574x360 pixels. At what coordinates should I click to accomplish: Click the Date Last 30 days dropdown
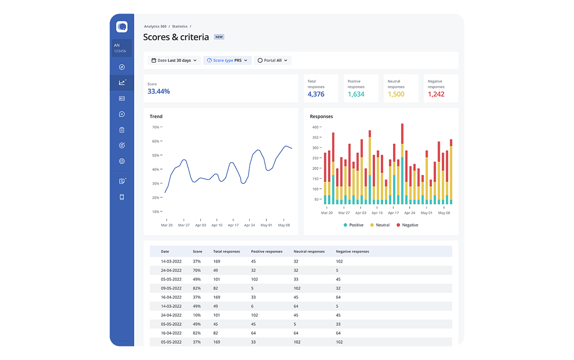(x=174, y=60)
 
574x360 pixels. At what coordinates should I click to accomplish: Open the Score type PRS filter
(x=227, y=60)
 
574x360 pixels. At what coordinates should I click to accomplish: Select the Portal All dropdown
(x=273, y=60)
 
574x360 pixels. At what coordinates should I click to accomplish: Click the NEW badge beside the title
(x=219, y=37)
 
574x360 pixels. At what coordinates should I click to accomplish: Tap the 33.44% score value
(x=159, y=91)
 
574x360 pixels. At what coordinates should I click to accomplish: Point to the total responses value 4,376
(x=316, y=94)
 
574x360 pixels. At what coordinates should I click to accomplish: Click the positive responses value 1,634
(x=356, y=94)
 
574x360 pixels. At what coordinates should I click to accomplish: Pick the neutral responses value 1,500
(x=396, y=94)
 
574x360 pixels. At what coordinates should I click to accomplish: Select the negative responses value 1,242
(x=436, y=94)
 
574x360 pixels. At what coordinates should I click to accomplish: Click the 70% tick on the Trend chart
(x=156, y=127)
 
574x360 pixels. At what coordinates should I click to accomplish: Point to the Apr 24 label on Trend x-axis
(x=249, y=225)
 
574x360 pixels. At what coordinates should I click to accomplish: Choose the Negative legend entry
(x=407, y=225)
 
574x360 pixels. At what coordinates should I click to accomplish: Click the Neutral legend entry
(x=380, y=225)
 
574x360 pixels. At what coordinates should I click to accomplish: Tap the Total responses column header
(x=227, y=252)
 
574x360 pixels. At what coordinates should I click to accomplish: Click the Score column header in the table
(x=197, y=252)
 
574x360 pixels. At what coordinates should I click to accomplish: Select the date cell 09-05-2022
(x=171, y=288)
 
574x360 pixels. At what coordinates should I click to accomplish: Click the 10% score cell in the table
(x=196, y=315)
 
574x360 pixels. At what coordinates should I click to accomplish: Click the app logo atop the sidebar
(x=122, y=27)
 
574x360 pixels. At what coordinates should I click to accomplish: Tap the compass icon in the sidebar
(x=122, y=67)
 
